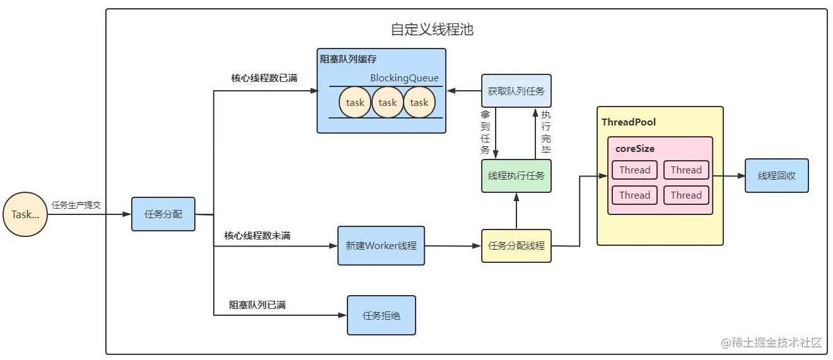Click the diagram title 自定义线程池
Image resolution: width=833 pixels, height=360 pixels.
click(x=432, y=30)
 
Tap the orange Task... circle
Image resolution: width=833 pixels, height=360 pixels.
click(x=25, y=214)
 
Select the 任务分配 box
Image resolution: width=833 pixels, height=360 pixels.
click(x=163, y=214)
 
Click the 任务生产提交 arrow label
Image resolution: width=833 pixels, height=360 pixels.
click(x=76, y=206)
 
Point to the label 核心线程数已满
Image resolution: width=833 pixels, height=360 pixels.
click(x=264, y=78)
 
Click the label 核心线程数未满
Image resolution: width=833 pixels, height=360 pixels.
click(x=257, y=236)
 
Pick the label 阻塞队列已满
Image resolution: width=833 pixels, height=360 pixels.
click(x=257, y=305)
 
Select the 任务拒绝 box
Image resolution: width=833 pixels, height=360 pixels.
click(x=382, y=315)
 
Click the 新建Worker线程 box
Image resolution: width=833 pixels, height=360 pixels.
click(x=381, y=245)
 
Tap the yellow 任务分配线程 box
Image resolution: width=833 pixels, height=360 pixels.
click(x=516, y=246)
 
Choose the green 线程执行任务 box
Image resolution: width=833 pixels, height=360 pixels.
click(x=516, y=176)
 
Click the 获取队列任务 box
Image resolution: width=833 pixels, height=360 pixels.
click(x=516, y=91)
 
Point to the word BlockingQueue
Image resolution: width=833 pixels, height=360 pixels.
click(x=404, y=79)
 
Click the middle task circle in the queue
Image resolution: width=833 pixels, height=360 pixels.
click(x=388, y=103)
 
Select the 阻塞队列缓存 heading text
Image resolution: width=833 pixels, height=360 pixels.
click(x=349, y=59)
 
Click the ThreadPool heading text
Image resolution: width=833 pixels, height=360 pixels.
click(x=629, y=122)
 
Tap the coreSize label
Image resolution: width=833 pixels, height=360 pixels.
click(x=635, y=149)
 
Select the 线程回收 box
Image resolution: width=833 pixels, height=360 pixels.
click(x=776, y=176)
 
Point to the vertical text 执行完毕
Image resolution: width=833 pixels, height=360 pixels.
click(x=546, y=133)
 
